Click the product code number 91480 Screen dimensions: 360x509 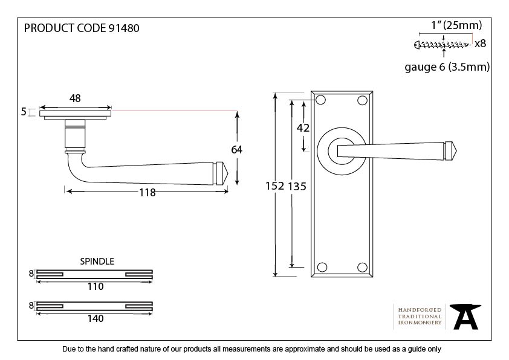[x=125, y=28]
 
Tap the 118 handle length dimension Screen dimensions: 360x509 [x=147, y=193]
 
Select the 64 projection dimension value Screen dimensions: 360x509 [x=236, y=149]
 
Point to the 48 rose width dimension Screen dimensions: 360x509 [x=75, y=98]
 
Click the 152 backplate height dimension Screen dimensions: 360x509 [x=274, y=186]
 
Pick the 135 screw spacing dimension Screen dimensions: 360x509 [x=296, y=186]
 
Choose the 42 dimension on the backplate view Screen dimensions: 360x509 [x=303, y=127]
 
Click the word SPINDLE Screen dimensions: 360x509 [x=97, y=262]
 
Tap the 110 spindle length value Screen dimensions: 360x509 [x=95, y=286]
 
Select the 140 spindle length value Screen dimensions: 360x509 [x=95, y=318]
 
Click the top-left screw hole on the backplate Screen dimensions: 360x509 [x=321, y=99]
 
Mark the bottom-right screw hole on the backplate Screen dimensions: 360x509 [x=363, y=267]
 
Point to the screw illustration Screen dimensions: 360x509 [x=443, y=44]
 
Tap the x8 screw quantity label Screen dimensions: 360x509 [x=480, y=43]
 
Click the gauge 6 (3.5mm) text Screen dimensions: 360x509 [x=447, y=67]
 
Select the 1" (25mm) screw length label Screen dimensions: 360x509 [x=456, y=25]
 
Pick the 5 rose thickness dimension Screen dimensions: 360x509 [x=24, y=112]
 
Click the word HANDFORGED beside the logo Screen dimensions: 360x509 [x=420, y=309]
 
